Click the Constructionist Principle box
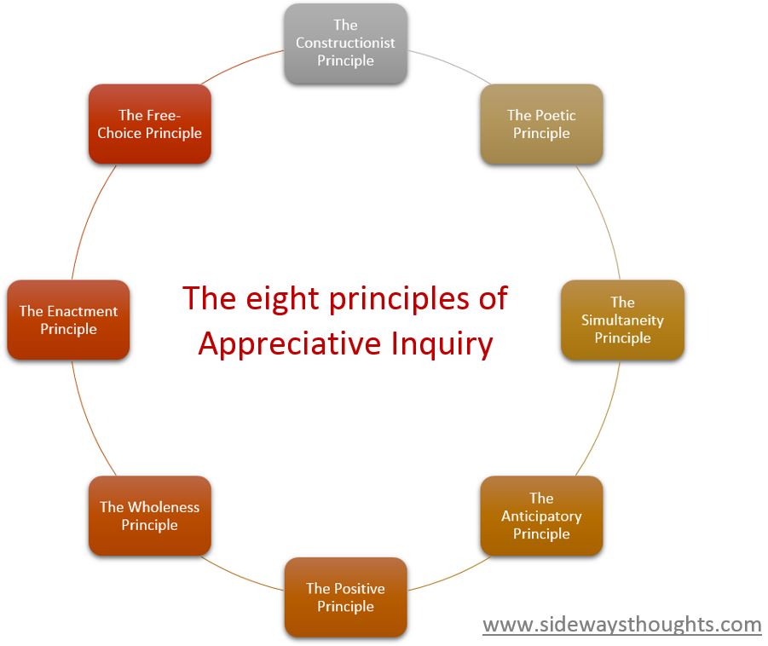point(345,43)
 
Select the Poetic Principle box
point(541,124)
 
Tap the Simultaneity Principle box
point(622,320)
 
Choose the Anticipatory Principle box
point(541,516)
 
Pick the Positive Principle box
point(345,597)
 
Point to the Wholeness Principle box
point(149,516)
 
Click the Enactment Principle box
point(68,320)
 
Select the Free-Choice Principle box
point(149,124)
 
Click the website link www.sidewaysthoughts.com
point(622,625)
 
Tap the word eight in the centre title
point(283,298)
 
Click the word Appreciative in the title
point(290,343)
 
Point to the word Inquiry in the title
point(442,344)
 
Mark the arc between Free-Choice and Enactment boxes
point(89,219)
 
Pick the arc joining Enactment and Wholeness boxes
point(89,421)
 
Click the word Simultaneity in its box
point(622,320)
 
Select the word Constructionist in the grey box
point(345,43)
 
